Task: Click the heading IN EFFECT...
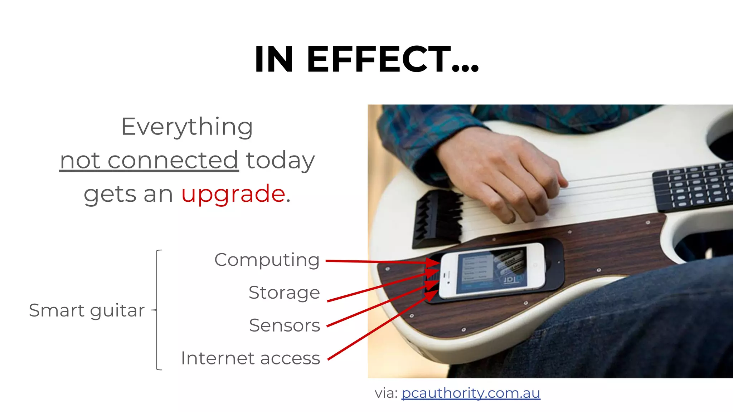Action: tap(366, 59)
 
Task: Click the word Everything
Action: tap(187, 127)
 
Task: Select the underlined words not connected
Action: tap(149, 160)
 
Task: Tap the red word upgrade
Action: tap(233, 194)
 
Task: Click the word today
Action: tap(280, 160)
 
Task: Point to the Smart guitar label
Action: tap(87, 310)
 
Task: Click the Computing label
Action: tap(267, 260)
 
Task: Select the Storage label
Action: tap(284, 293)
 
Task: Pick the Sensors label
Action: tap(285, 325)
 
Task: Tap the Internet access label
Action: tap(251, 358)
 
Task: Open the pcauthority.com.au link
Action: tap(471, 393)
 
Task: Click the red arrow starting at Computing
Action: tap(379, 262)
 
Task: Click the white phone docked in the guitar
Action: tap(492, 271)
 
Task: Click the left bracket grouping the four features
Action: tap(158, 310)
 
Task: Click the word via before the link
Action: tap(386, 393)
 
